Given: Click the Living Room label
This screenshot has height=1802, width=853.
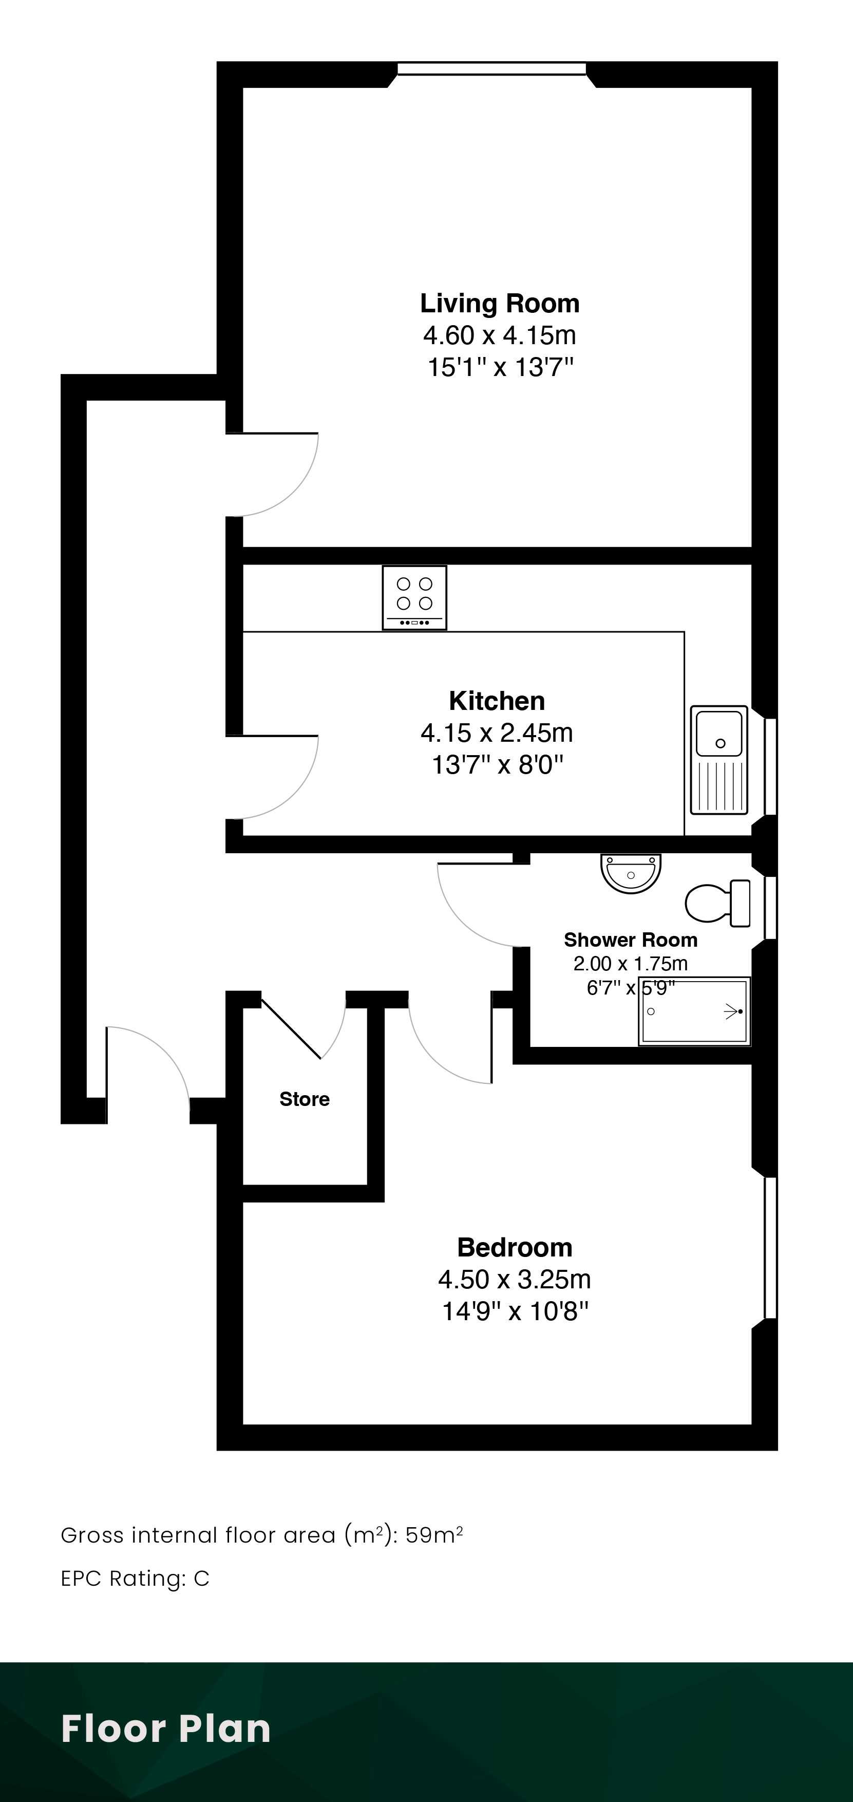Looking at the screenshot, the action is pos(500,304).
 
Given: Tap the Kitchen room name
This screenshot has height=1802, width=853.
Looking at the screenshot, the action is pos(497,700).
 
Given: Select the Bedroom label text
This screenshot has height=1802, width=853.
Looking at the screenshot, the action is pos(515,1247).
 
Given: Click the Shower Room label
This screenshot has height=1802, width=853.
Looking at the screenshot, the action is pos(631,940).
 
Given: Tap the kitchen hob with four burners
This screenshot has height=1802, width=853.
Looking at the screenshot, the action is pos(414,597).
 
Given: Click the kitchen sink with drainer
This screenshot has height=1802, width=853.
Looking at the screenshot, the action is pos(719,760).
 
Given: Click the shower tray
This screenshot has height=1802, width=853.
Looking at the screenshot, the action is pos(694,1011).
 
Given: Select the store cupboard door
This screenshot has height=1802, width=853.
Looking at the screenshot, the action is pos(291,1029).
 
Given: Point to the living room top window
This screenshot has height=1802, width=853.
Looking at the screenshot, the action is pos(491,68).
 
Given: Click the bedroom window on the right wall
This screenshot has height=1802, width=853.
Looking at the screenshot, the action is pos(770,1247).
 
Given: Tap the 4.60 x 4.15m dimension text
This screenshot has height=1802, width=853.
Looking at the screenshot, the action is pos(499,335).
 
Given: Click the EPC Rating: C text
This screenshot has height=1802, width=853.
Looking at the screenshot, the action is pos(135,1578).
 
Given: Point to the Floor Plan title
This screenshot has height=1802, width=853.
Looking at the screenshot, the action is pos(166,1729).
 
